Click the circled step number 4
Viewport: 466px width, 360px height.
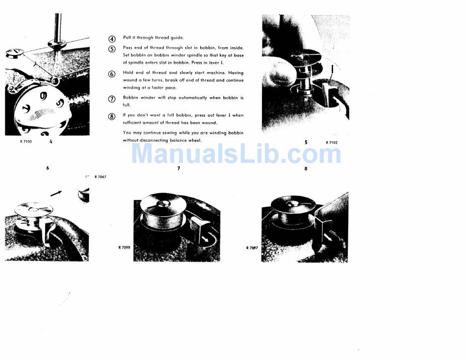112,39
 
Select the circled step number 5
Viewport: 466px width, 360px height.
112,49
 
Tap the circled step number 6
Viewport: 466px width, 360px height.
112,74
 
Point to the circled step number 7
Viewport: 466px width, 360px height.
112,99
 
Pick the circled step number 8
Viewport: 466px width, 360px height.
112,117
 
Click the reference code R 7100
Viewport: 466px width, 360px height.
26,142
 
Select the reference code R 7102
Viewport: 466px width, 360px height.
332,143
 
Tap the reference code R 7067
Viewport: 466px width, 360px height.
100,177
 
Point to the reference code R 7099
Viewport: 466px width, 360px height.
124,247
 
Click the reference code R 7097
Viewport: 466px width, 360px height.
252,248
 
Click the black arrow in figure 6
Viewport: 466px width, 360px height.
56,193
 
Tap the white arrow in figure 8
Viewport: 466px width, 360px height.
328,237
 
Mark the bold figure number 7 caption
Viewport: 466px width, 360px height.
179,168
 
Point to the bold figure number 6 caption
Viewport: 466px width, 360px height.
48,168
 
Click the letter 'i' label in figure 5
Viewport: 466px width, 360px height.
332,70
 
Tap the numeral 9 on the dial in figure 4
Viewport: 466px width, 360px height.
43,96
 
